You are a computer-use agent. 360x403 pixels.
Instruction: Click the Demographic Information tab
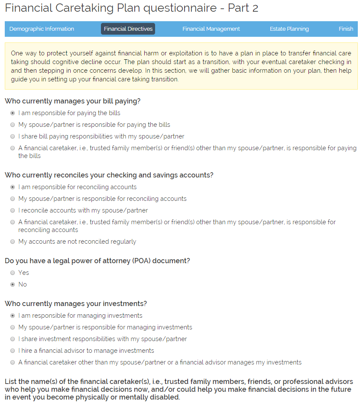42,29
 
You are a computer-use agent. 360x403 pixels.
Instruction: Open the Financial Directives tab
128,29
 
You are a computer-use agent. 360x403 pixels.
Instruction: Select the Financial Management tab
211,29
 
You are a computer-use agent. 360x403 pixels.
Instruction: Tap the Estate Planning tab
289,29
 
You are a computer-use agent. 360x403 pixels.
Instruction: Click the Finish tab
346,29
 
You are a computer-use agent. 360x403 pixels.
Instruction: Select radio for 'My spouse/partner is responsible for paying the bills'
13,125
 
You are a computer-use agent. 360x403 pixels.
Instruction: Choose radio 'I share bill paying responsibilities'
13,136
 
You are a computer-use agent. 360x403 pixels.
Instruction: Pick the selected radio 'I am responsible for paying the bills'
13,113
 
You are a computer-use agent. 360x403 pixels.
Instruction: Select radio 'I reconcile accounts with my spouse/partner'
13,210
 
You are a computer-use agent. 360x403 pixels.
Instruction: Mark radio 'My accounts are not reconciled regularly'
13,242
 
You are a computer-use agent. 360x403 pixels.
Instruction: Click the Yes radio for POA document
13,273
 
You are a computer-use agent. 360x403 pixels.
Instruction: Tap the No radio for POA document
13,284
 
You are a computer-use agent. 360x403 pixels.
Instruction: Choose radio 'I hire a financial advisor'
13,351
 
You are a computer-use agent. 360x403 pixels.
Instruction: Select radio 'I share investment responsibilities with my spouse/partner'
13,339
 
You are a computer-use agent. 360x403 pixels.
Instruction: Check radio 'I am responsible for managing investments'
13,316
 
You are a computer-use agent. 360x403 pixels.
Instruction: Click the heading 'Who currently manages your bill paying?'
72,101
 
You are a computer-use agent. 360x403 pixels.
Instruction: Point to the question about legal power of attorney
97,261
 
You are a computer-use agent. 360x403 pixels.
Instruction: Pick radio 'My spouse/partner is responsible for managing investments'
13,327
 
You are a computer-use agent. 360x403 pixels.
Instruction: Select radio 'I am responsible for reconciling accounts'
13,187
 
